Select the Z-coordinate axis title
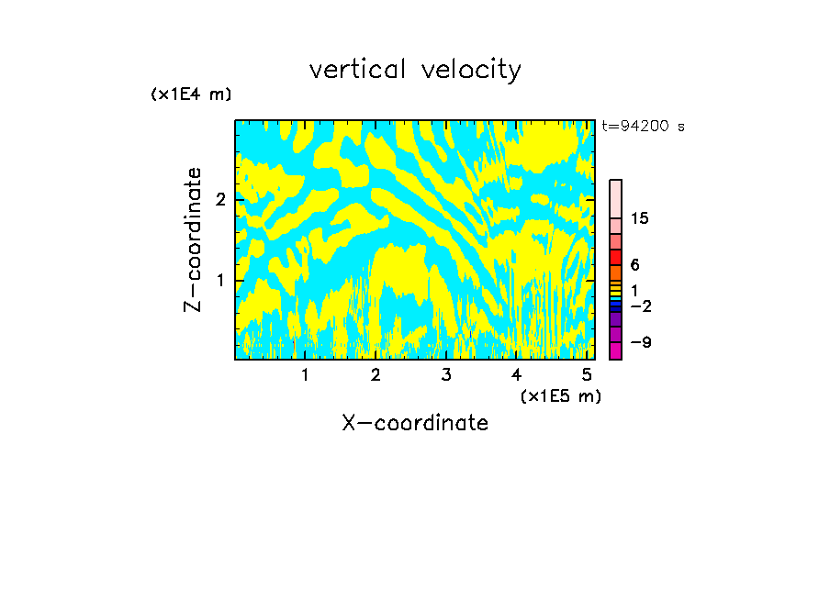point(193,239)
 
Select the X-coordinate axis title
point(415,423)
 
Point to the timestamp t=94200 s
point(643,127)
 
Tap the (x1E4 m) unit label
point(191,94)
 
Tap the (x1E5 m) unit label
point(560,395)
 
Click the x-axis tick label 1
point(305,375)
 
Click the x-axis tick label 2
point(376,375)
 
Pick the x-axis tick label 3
point(445,375)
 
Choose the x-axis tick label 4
point(516,375)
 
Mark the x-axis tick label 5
point(586,375)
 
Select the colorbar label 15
point(640,218)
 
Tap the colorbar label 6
point(634,265)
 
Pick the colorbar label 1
point(634,290)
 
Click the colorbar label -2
point(640,306)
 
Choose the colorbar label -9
point(640,342)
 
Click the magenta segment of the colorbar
point(615,350)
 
